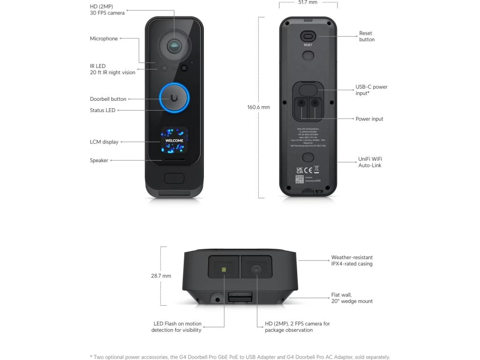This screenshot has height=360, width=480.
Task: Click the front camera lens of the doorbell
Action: tap(174, 45)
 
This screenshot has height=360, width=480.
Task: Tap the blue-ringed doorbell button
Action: tap(174, 97)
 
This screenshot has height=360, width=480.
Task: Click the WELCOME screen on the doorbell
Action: tap(174, 141)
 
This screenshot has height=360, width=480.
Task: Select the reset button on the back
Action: tap(307, 37)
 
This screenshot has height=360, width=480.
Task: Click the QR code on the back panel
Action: tap(300, 179)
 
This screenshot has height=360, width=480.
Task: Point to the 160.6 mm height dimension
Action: tap(259, 107)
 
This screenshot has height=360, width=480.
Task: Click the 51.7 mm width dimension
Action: tap(308, 2)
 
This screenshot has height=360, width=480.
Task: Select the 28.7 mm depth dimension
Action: tap(161, 276)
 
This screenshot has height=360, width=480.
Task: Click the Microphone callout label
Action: tap(104, 38)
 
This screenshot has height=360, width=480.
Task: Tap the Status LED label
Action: tap(103, 110)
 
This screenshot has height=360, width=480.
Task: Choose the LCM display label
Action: tap(104, 142)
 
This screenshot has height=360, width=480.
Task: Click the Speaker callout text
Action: tap(99, 160)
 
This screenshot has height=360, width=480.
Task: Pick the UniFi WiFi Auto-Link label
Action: tap(370, 162)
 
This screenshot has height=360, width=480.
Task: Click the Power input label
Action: tap(369, 119)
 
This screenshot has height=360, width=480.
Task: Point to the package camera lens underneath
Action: tap(256, 270)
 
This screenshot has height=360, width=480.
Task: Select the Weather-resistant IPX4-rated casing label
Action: tap(352, 261)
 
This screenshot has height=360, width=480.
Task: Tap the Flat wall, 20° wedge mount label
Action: tap(352, 298)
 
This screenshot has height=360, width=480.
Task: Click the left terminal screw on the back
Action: tap(302, 102)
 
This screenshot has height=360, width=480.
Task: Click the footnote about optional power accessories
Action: tap(240, 357)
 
